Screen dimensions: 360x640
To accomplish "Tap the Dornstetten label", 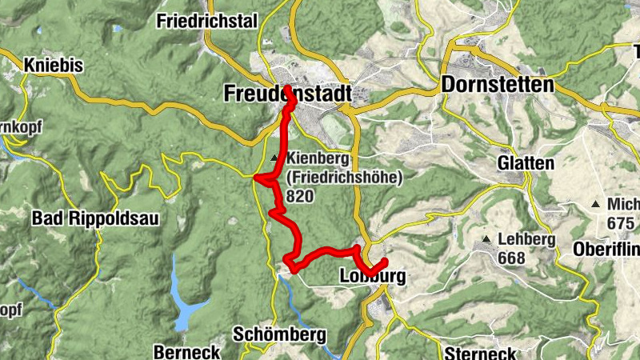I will click(497, 86).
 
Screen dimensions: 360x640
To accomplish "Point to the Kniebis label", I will click(54, 66).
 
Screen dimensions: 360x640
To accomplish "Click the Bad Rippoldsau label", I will click(85, 218).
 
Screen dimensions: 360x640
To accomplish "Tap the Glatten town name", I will click(526, 163).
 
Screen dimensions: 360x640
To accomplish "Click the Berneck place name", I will click(186, 352).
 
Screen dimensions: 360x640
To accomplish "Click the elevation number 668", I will click(511, 258).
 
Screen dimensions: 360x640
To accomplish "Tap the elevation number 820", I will click(301, 196).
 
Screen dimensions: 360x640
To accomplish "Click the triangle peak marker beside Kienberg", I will click(275, 158).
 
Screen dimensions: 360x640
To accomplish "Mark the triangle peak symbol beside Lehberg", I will click(486, 240).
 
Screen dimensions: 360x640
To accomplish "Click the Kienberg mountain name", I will click(318, 158).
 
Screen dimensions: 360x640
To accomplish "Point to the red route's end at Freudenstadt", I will click(286, 87).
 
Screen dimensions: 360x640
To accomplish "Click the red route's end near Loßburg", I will click(385, 262).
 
